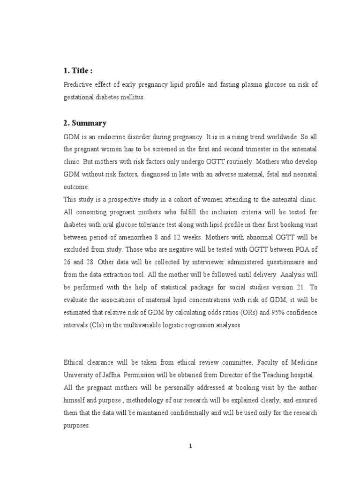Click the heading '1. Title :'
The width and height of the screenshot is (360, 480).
tap(77, 71)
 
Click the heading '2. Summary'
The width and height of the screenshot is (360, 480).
tap(84, 123)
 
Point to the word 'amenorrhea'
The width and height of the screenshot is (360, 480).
tap(127, 237)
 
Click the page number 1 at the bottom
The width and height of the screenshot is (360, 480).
tap(191, 446)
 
